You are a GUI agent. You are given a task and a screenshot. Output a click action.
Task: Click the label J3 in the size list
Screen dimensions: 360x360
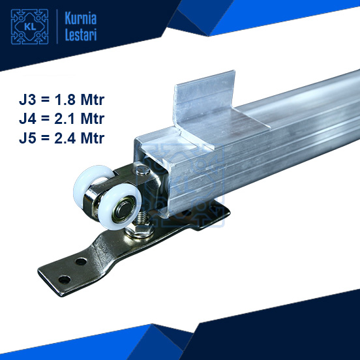[30, 101]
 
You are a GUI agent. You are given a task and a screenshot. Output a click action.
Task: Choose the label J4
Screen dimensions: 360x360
[30, 119]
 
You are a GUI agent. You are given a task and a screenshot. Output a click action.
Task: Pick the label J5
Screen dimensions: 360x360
[30, 138]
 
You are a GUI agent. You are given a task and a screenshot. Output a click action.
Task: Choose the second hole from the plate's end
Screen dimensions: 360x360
[80, 261]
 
